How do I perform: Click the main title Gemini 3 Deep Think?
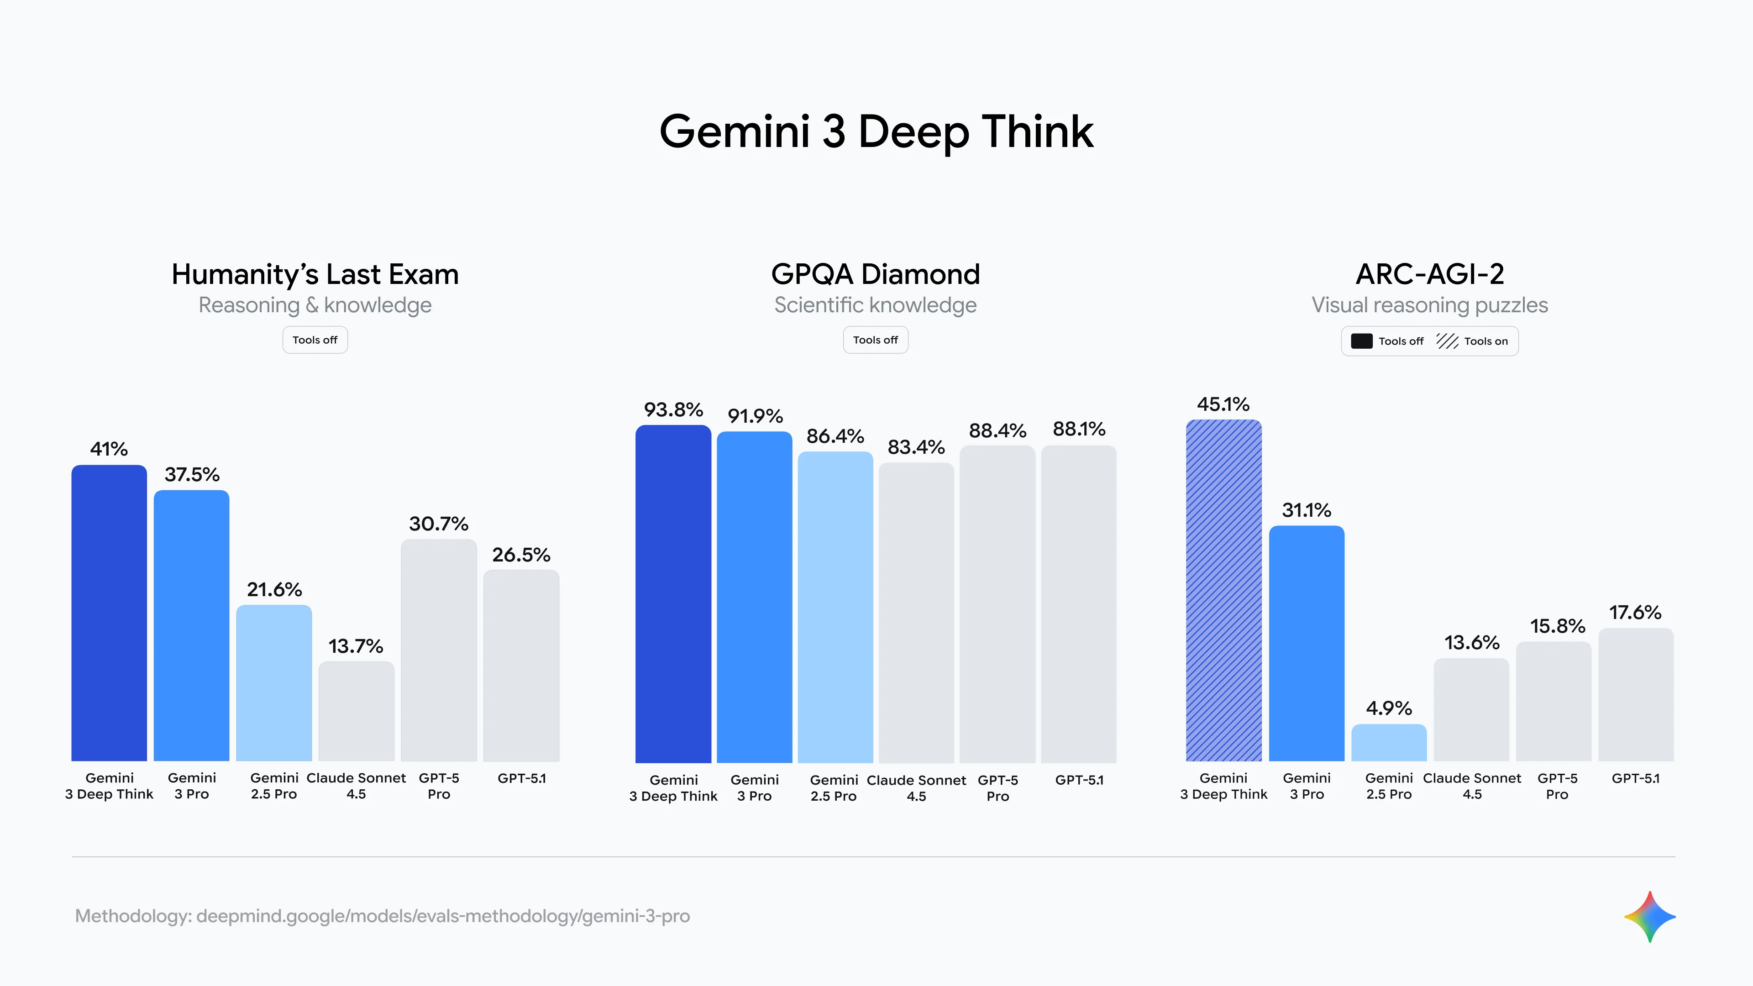(876, 131)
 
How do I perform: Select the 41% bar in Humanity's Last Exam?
(109, 613)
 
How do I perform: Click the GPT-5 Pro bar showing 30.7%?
(438, 650)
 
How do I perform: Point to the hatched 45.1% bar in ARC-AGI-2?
(1223, 590)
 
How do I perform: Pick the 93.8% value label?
(673, 409)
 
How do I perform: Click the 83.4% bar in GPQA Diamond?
(916, 613)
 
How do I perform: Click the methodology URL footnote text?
(383, 916)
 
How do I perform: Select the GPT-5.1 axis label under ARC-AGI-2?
(1635, 778)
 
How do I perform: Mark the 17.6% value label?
(1635, 613)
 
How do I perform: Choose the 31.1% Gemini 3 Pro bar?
(1306, 643)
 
